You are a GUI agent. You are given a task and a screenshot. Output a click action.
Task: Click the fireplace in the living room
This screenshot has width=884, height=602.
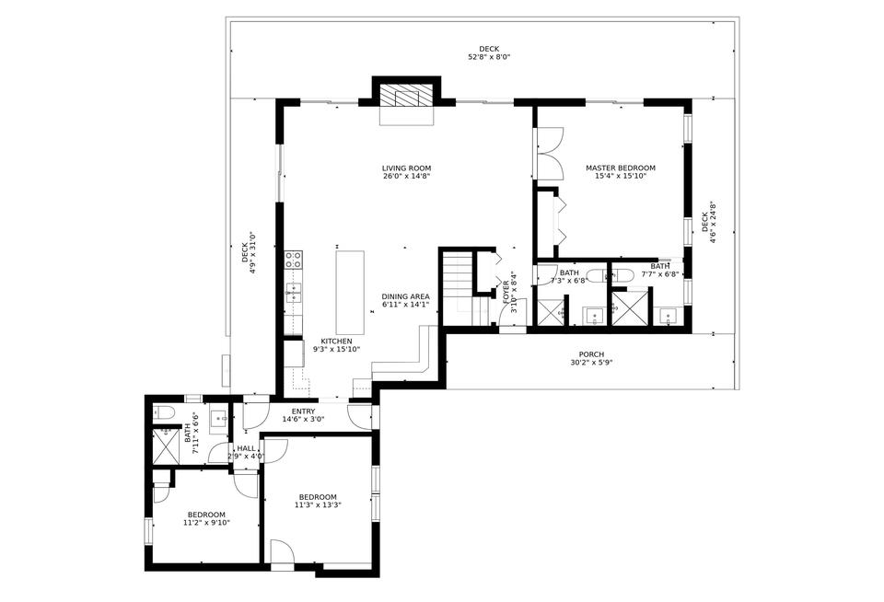point(406,97)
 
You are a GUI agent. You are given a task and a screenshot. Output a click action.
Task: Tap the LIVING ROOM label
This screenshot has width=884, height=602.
point(406,168)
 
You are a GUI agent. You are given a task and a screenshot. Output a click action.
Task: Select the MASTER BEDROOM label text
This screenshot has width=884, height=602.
point(621,168)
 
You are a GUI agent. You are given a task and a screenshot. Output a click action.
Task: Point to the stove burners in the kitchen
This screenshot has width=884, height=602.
point(294,260)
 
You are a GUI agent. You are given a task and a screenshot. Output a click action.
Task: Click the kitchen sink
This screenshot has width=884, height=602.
point(294,294)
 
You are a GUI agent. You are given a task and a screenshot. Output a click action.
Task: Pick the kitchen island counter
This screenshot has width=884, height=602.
point(350,292)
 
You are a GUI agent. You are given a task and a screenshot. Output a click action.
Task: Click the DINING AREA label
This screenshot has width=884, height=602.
point(406,296)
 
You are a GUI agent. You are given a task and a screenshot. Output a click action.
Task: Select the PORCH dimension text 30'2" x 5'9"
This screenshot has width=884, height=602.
point(591,363)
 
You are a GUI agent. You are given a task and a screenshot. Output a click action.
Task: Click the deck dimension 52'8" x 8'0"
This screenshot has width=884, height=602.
point(489,57)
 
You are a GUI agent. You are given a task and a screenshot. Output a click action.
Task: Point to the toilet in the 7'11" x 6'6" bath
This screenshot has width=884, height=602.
point(163,411)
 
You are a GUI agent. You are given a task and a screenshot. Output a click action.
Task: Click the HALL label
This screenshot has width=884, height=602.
point(246,448)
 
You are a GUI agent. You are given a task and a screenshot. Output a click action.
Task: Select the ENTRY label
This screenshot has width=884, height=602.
point(303,411)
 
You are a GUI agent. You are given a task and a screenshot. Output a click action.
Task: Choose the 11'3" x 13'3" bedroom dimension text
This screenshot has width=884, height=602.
point(318,505)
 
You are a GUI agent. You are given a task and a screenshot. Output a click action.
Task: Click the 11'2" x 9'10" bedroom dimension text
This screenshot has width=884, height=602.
point(206,523)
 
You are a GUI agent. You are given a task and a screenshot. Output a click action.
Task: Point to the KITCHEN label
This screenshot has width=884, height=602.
point(310,341)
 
